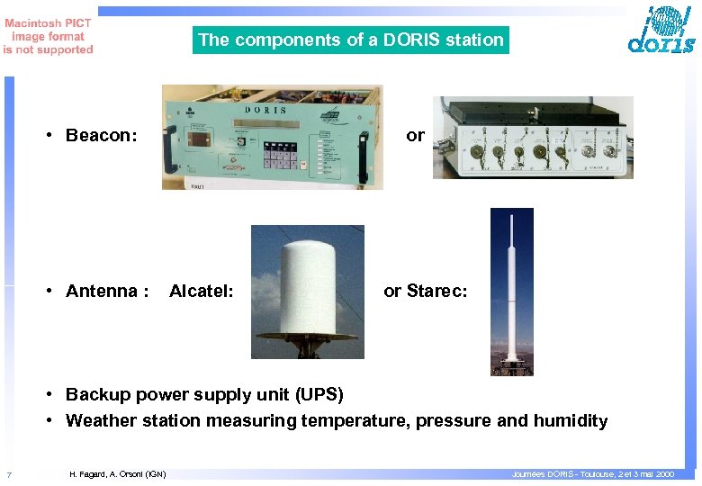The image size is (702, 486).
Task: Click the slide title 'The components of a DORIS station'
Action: click(351, 40)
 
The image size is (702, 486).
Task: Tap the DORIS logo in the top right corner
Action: click(661, 31)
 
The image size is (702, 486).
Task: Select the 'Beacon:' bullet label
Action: click(101, 136)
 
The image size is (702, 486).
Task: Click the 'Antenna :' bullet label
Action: click(106, 291)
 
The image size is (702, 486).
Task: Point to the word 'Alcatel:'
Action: click(202, 291)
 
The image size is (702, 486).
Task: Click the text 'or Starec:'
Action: click(425, 291)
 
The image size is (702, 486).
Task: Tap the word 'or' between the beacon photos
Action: click(415, 136)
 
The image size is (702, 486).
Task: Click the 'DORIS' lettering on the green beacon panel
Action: click(265, 111)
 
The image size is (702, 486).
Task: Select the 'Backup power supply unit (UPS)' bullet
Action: click(204, 394)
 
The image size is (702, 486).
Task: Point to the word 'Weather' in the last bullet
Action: click(101, 420)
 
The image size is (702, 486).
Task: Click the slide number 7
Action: click(8, 474)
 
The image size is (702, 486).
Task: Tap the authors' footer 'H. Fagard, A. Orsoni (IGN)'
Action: click(117, 474)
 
